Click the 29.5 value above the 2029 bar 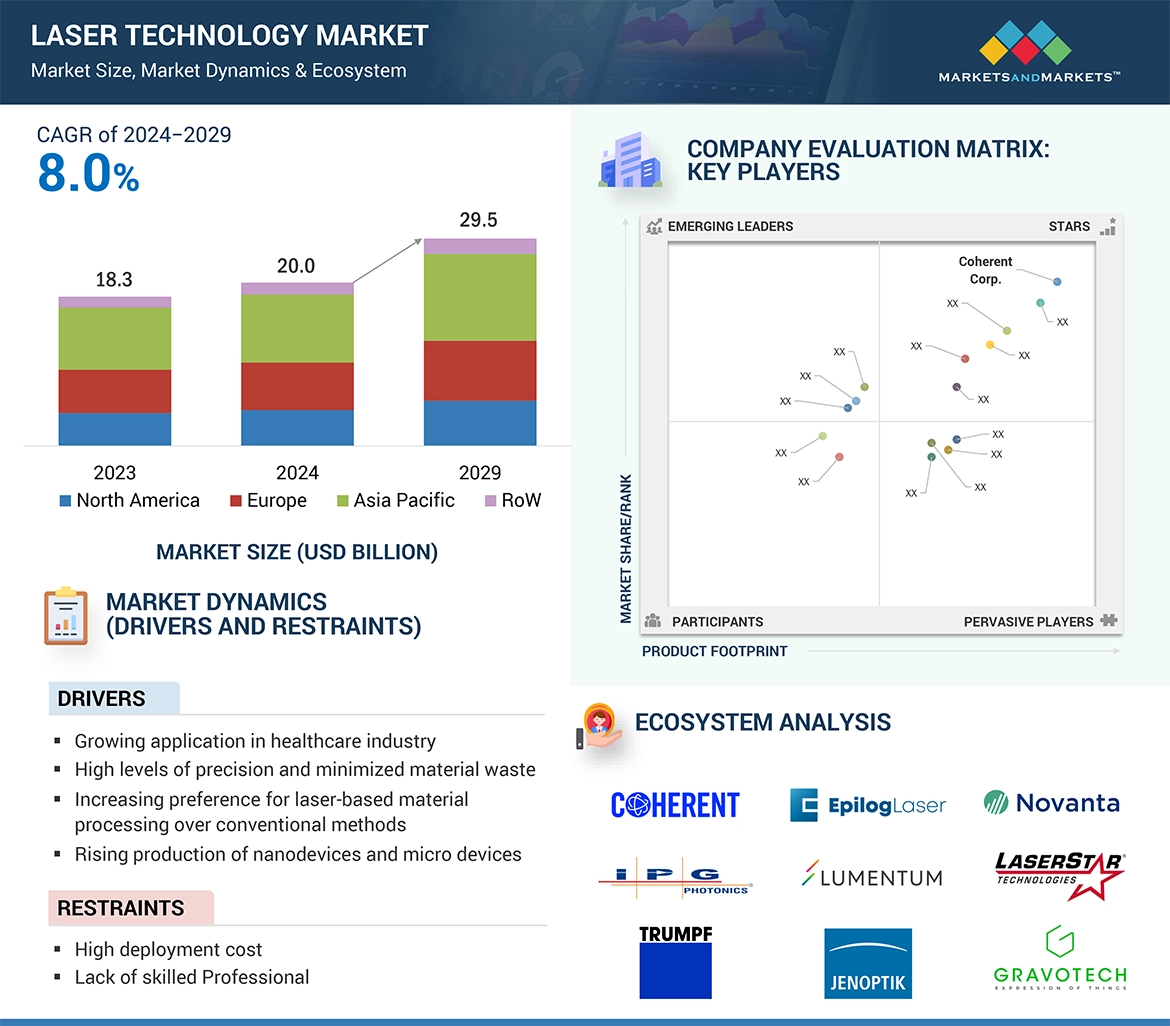478,220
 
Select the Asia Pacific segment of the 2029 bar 480,297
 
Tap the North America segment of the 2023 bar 115,428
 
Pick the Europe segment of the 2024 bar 297,386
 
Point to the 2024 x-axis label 297,472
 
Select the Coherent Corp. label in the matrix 985,270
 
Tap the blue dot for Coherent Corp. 1057,282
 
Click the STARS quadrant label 1069,226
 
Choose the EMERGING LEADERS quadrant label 730,226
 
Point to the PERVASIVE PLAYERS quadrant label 1028,622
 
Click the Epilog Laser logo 867,805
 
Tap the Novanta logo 1051,803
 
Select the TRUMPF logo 676,962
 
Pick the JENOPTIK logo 868,963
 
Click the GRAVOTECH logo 1060,958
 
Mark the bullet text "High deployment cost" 168,949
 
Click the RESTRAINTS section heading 121,908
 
